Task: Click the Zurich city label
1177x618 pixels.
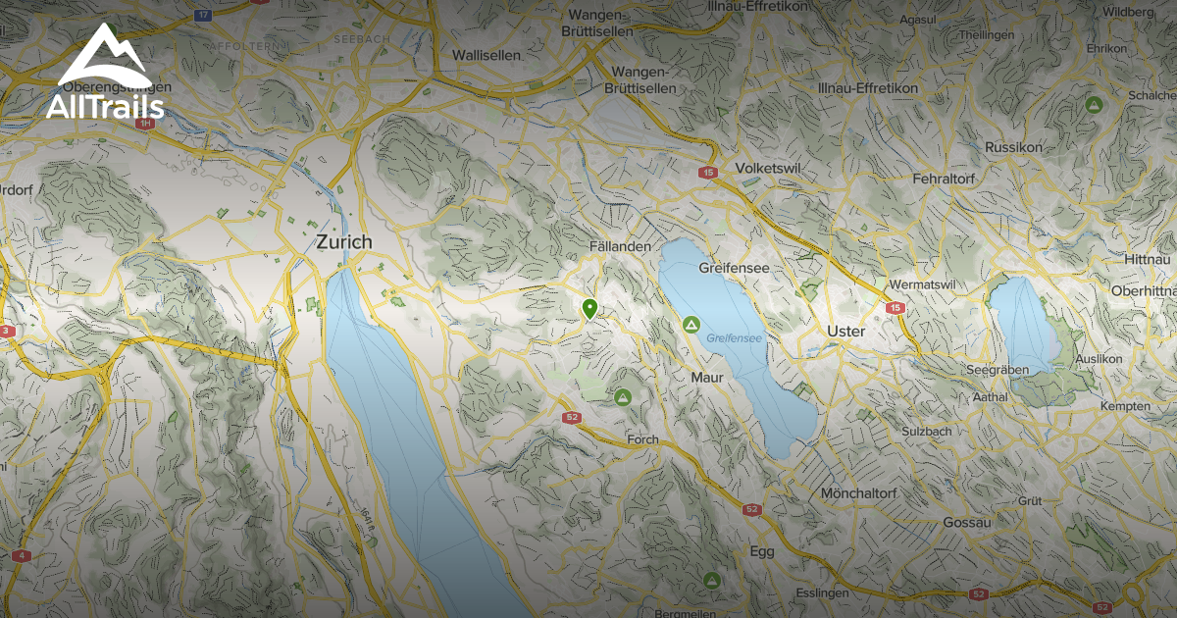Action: click(x=343, y=241)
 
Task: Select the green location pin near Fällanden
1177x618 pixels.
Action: click(x=589, y=309)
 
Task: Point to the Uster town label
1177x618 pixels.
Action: click(x=846, y=332)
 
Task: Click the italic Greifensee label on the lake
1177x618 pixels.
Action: click(x=734, y=338)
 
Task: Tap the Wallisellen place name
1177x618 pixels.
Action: click(x=486, y=56)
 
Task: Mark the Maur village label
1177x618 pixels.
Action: click(x=706, y=378)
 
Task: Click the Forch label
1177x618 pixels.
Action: click(x=643, y=440)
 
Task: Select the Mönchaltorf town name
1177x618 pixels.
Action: click(x=859, y=492)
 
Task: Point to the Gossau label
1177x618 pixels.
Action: click(x=967, y=523)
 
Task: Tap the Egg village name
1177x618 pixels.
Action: click(x=762, y=551)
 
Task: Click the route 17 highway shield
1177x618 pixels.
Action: click(x=204, y=16)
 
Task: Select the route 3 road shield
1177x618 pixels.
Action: click(x=8, y=331)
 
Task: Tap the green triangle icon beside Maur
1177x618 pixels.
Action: click(x=691, y=324)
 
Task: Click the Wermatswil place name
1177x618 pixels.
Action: click(x=921, y=284)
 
